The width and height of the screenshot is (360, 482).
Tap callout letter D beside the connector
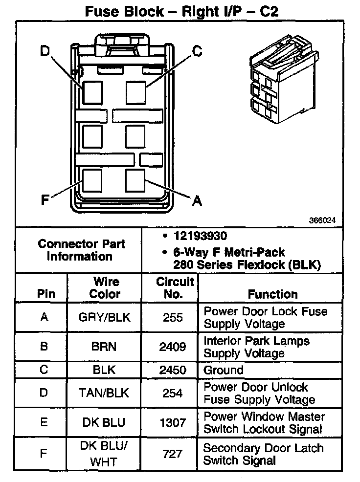[45, 51]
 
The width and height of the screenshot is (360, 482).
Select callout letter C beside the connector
[197, 50]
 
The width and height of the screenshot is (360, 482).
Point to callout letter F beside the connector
[45, 200]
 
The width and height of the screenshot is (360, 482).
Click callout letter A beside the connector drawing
[197, 200]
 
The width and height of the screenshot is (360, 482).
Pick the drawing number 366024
[322, 220]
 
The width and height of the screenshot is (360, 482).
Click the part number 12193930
[200, 237]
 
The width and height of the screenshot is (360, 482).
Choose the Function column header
[272, 294]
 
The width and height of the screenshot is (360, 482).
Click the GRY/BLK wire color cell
[105, 317]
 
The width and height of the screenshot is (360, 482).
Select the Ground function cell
[223, 370]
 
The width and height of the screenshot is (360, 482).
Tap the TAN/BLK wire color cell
[104, 393]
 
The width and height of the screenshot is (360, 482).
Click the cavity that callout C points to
[135, 91]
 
